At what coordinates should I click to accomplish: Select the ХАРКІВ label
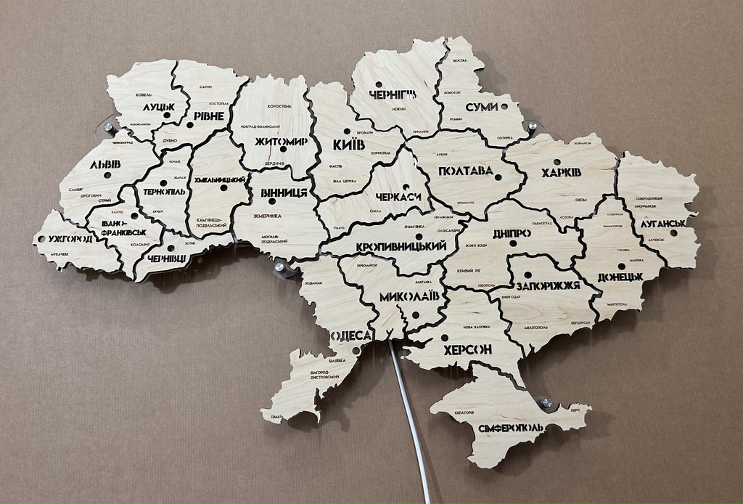pyautogui.click(x=560, y=173)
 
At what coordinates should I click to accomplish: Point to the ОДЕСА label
pyautogui.click(x=351, y=336)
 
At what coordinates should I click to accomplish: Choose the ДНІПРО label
pyautogui.click(x=511, y=233)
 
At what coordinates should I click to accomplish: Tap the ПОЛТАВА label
pyautogui.click(x=465, y=171)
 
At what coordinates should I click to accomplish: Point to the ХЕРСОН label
pyautogui.click(x=467, y=349)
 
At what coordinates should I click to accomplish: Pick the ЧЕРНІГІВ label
pyautogui.click(x=393, y=94)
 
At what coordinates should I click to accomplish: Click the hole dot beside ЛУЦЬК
pyautogui.click(x=167, y=115)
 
